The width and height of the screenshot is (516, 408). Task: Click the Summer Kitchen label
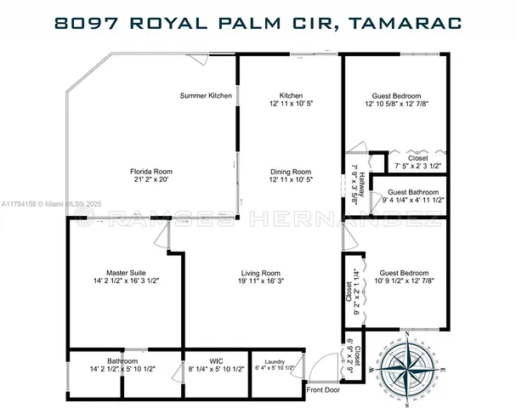(x=206, y=95)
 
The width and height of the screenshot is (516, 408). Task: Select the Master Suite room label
(x=114, y=272)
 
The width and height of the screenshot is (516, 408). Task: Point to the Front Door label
(x=323, y=390)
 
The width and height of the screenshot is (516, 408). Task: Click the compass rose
(x=408, y=366)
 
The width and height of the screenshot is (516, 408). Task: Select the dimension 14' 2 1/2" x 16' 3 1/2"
(x=114, y=280)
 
